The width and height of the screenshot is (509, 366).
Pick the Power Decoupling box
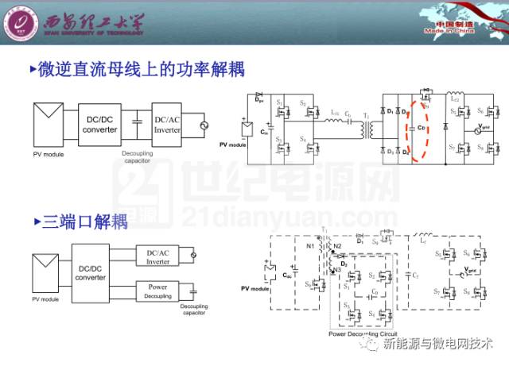click(x=157, y=291)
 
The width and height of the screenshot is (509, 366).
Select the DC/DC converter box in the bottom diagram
click(x=90, y=272)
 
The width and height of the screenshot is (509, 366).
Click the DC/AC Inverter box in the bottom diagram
click(x=157, y=256)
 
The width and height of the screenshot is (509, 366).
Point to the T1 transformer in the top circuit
click(x=366, y=127)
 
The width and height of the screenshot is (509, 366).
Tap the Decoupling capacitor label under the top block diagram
click(x=141, y=157)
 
